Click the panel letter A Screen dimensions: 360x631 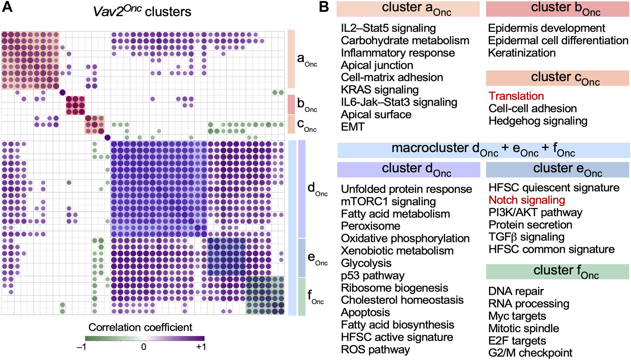point(7,8)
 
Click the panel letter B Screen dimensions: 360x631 point(324,8)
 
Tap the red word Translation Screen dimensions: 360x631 point(516,96)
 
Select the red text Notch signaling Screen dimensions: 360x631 point(526,200)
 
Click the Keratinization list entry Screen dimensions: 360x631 point(521,53)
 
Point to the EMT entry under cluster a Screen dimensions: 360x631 point(353,127)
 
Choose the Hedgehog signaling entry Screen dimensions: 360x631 point(538,121)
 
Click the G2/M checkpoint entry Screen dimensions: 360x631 point(530,353)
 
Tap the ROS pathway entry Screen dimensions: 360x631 point(375,350)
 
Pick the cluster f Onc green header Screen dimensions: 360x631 point(557,271)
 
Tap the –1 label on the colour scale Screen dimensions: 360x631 point(81,347)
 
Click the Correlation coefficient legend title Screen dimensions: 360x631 point(140,327)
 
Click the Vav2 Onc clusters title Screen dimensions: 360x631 point(142,11)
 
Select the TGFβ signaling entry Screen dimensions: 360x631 point(526,237)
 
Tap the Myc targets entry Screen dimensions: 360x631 point(517,316)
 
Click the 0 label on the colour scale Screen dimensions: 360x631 point(144,347)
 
